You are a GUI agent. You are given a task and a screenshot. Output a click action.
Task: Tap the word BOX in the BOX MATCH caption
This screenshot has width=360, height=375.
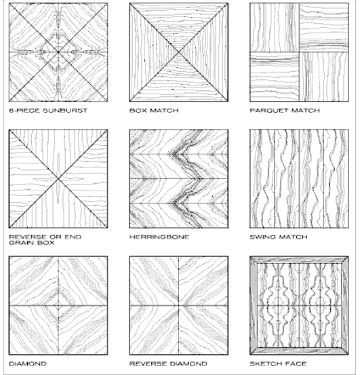138,111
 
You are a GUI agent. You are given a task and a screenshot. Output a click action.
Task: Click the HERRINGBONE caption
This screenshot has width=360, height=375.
159,237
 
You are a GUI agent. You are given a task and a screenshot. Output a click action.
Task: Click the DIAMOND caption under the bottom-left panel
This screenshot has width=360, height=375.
28,363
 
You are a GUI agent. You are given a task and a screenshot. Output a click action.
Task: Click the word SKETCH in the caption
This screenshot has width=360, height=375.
265,363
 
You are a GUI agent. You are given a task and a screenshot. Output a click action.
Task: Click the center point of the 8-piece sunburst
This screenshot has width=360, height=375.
58,52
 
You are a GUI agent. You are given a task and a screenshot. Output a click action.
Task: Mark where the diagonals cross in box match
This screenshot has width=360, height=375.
178,52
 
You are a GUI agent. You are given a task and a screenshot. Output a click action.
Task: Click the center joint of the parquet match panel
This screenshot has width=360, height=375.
299,52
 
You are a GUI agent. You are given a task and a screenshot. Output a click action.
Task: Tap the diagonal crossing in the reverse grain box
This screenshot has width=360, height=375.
58,178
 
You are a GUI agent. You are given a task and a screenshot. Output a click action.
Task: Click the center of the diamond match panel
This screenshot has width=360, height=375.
58,306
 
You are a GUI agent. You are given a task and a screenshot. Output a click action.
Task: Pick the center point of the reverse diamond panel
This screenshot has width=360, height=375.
178,306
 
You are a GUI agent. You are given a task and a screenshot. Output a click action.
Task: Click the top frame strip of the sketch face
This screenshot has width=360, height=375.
299,260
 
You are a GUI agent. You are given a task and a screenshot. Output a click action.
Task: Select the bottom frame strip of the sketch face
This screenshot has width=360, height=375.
299,351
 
